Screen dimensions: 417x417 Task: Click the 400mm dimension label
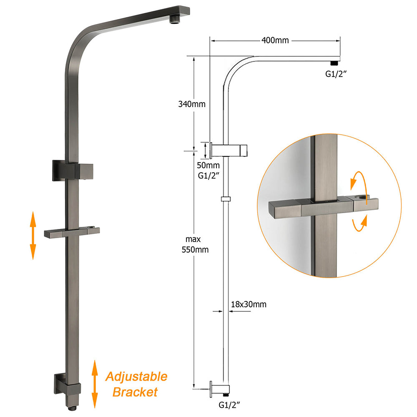(x=274, y=40)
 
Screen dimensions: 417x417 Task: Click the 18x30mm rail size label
(x=248, y=304)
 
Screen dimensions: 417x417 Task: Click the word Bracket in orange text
(x=135, y=392)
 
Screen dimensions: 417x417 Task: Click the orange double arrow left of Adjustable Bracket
(x=95, y=384)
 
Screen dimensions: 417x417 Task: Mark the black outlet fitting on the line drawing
(x=334, y=63)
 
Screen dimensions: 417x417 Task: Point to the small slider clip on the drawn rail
(x=225, y=199)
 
